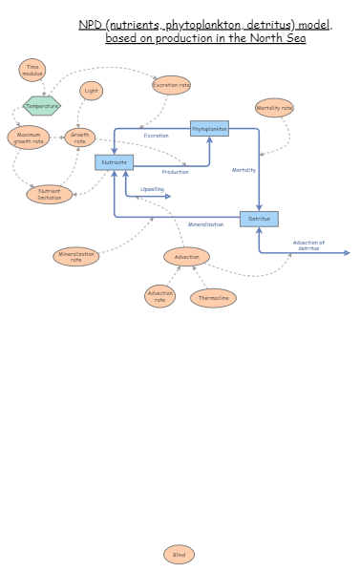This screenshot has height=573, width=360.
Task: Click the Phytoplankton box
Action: pyautogui.click(x=209, y=128)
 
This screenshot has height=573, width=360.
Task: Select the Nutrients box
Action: pyautogui.click(x=114, y=162)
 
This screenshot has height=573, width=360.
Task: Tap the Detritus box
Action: pyautogui.click(x=259, y=219)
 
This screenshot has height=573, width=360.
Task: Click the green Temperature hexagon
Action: pyautogui.click(x=42, y=105)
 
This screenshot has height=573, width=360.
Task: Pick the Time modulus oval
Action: pyautogui.click(x=32, y=70)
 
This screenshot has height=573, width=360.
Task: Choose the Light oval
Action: pyautogui.click(x=91, y=91)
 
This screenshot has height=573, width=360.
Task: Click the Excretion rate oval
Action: pyautogui.click(x=171, y=85)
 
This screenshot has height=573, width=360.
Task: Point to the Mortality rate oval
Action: pyautogui.click(x=274, y=108)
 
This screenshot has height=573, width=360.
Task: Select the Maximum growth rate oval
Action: pyautogui.click(x=28, y=138)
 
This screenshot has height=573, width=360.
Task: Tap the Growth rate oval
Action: pyautogui.click(x=80, y=138)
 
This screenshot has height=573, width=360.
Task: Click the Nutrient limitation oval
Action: pyautogui.click(x=49, y=194)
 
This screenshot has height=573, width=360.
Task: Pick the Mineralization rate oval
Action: pyautogui.click(x=76, y=256)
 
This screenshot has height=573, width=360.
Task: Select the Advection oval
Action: pyautogui.click(x=186, y=256)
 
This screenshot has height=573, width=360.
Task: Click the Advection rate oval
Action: pyautogui.click(x=159, y=296)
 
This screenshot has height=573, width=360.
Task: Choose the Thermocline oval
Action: pyautogui.click(x=213, y=297)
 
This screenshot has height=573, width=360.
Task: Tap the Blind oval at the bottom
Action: pyautogui.click(x=179, y=554)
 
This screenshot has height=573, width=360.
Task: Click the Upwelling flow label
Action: pyautogui.click(x=153, y=189)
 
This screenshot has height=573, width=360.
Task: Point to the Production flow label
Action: pyautogui.click(x=175, y=172)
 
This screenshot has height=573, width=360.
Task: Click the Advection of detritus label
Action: pyautogui.click(x=308, y=245)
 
